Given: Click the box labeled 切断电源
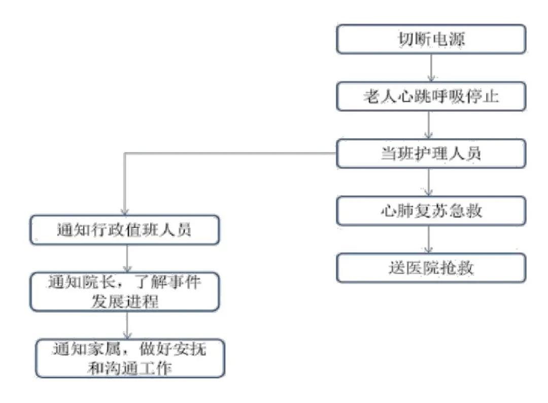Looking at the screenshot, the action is tap(431, 39).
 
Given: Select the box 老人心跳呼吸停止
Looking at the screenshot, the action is tap(431, 96).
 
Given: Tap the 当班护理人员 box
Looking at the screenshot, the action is tap(431, 153).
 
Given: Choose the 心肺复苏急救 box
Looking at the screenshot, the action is tap(431, 211).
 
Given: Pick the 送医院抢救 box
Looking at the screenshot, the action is tap(431, 268).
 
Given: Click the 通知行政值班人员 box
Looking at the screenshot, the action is tap(124, 229).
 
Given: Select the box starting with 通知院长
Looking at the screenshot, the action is tap(124, 292).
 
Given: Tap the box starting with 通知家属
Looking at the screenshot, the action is tap(130, 358).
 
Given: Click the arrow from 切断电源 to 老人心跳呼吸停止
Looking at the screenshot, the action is tap(431, 68).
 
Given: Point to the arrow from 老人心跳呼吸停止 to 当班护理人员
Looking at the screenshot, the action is tap(429, 125).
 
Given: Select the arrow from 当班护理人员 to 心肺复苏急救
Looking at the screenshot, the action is tap(429, 182).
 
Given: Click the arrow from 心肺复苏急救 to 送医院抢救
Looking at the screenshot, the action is tap(429, 240).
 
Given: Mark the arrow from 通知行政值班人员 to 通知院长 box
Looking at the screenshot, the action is tap(127, 259).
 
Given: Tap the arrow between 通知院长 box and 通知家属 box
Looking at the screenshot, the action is tap(127, 325).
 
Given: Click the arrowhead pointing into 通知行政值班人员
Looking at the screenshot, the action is tap(125, 212).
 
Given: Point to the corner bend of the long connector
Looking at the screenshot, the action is tap(125, 153).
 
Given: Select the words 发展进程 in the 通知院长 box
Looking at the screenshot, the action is tap(125, 301).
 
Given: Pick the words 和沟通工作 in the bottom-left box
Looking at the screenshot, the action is tap(130, 368).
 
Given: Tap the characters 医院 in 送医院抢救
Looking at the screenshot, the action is tap(423, 268).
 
